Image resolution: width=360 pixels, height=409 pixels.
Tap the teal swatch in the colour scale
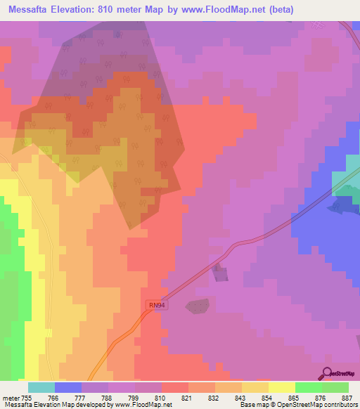pyautogui.click(x=41, y=387)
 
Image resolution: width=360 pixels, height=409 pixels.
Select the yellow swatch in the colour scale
pyautogui.click(x=281, y=387)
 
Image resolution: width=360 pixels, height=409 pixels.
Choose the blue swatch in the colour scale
pyautogui.click(x=68, y=387)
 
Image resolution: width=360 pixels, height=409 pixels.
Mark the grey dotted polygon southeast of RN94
pyautogui.click(x=198, y=306)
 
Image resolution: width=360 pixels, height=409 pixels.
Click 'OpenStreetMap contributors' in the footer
pyautogui.click(x=316, y=405)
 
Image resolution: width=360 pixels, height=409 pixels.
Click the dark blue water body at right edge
pyautogui.click(x=343, y=205)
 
